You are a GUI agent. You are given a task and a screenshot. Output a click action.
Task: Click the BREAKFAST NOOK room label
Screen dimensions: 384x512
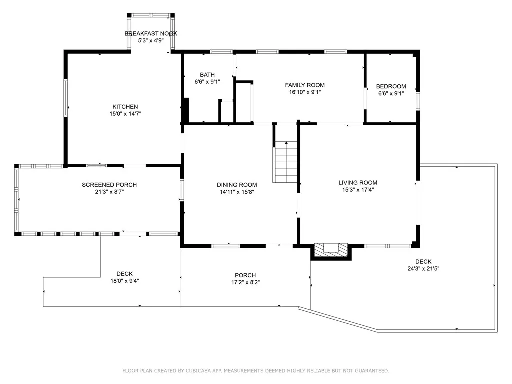pyautogui.click(x=150, y=33)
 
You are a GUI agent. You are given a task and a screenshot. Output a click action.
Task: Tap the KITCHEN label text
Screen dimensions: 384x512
pyautogui.click(x=125, y=107)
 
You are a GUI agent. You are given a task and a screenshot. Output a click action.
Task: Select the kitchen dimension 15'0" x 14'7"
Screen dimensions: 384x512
pyautogui.click(x=125, y=114)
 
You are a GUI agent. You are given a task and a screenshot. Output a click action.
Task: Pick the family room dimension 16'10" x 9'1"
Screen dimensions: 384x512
pyautogui.click(x=305, y=92)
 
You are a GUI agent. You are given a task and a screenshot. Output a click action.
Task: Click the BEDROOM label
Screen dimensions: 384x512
pyautogui.click(x=391, y=86)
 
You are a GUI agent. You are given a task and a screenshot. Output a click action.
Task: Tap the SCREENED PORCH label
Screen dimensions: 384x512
pyautogui.click(x=109, y=185)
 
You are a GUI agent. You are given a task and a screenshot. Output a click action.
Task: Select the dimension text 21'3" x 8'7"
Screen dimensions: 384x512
pyautogui.click(x=109, y=192)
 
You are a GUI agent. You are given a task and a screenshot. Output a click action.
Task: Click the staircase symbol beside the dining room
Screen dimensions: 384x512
pyautogui.click(x=285, y=162)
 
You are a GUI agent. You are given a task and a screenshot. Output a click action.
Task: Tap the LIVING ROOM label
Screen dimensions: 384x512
pyautogui.click(x=358, y=183)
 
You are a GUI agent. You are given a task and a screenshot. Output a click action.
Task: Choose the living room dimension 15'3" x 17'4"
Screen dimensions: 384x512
pyautogui.click(x=358, y=190)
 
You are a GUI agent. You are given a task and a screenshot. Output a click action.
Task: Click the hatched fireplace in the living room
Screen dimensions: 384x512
pyautogui.click(x=330, y=250)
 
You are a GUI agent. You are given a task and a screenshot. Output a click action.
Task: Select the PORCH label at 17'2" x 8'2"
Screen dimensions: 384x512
pyautogui.click(x=245, y=275)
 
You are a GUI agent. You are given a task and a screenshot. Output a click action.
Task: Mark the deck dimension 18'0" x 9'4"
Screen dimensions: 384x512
pyautogui.click(x=124, y=281)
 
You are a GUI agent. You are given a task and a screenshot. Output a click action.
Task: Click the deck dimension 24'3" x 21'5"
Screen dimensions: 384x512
pyautogui.click(x=423, y=268)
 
